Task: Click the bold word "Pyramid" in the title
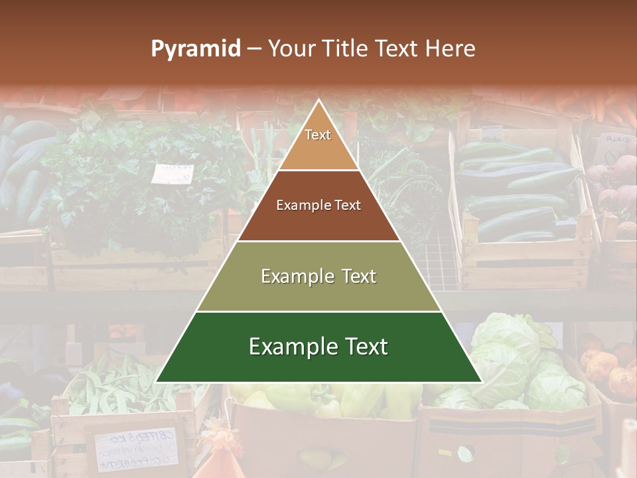pos(195,49)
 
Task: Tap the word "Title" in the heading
pos(345,49)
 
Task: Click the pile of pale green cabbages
pos(524,362)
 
